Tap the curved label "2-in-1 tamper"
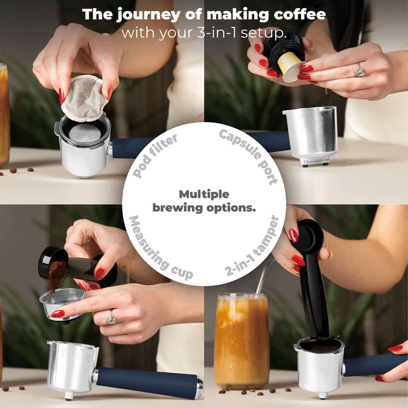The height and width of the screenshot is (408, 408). click(x=252, y=247)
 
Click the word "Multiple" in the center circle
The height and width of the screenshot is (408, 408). click(x=204, y=194)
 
